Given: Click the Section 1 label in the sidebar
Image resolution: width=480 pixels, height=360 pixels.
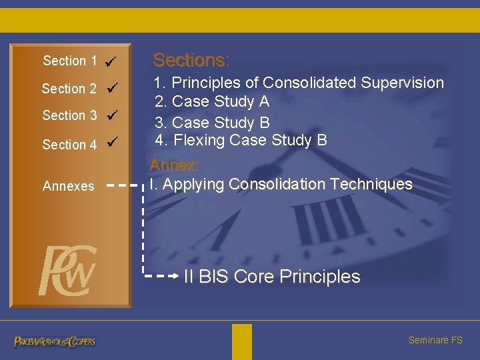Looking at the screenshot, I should coord(69,61).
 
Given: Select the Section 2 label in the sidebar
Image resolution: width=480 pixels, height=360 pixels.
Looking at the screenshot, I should coord(69,89).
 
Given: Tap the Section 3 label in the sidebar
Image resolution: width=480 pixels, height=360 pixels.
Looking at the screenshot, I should coord(69,116).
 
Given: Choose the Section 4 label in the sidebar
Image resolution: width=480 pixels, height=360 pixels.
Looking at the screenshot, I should coord(69,145).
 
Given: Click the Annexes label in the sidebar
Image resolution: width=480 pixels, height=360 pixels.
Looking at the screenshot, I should coord(68,187).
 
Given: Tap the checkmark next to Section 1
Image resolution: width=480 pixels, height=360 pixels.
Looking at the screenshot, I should coord(111,62).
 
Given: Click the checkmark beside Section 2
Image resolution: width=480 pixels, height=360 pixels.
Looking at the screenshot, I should coord(112,87).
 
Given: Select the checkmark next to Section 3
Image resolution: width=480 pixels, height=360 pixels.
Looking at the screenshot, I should coord(112,115).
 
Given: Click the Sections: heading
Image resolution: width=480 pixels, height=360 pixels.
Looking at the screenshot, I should coord(191,61).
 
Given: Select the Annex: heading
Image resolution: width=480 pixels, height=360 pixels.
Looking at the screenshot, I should coord(174,165).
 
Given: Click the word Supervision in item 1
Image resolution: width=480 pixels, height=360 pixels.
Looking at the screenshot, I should coord(402,83).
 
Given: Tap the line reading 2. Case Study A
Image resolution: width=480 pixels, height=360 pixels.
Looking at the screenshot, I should coord(212,102).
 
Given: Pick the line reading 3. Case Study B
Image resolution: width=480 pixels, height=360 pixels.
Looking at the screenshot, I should coord(212,123).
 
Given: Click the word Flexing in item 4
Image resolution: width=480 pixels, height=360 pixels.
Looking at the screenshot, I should coord(199,141).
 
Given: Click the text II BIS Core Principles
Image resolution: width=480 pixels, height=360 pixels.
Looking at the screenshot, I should coord(272,277).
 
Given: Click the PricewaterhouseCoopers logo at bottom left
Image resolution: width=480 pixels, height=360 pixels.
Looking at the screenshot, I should coord(55,341).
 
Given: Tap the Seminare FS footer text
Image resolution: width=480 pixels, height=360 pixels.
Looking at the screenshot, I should coord(435,341).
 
